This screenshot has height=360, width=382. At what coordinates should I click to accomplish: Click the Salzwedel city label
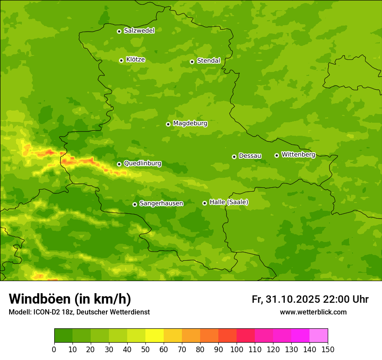coord(139,31)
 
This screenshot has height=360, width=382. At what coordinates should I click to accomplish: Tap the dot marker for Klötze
coord(121,60)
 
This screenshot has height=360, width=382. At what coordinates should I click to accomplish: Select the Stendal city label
coord(208,61)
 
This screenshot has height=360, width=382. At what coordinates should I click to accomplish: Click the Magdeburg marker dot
coord(168,124)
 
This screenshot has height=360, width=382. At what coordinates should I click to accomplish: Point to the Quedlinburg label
coord(142,164)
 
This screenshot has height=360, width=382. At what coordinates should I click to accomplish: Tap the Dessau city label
coord(250,156)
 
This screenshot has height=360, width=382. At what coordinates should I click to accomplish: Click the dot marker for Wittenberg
coord(277,155)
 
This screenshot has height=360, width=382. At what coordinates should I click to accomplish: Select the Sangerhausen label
coord(161,203)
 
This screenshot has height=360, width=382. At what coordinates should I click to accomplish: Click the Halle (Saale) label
coord(229,203)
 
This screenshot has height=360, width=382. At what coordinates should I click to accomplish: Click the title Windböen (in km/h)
coord(70,299)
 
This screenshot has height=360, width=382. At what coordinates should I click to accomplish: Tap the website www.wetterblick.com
coord(313,312)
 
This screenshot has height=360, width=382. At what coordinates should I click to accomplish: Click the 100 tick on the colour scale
coord(237,349)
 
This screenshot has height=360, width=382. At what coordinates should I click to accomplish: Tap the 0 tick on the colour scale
coord(54,349)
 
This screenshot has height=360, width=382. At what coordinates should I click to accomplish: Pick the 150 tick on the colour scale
coord(328,349)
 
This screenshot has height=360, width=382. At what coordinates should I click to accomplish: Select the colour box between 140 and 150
coord(319,336)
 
